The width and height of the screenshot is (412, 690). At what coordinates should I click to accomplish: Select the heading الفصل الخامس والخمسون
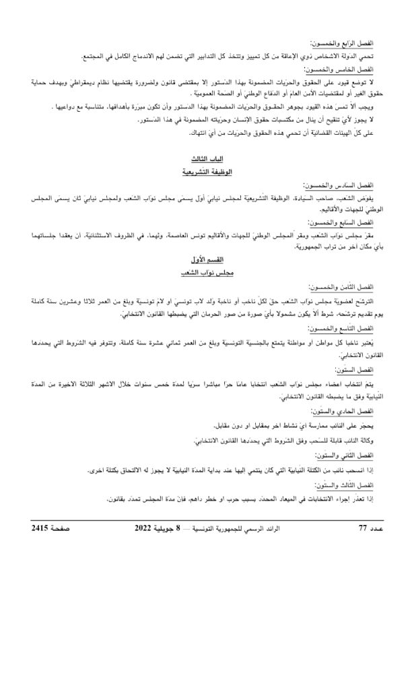tap(342, 69)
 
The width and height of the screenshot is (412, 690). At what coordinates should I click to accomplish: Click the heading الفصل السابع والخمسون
tap(342, 221)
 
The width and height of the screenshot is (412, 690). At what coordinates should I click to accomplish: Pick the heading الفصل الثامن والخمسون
tap(342, 286)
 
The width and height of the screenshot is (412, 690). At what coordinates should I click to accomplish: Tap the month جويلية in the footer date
tap(179, 528)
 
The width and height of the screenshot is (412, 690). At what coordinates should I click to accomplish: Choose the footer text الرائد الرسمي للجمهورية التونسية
tap(256, 528)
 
